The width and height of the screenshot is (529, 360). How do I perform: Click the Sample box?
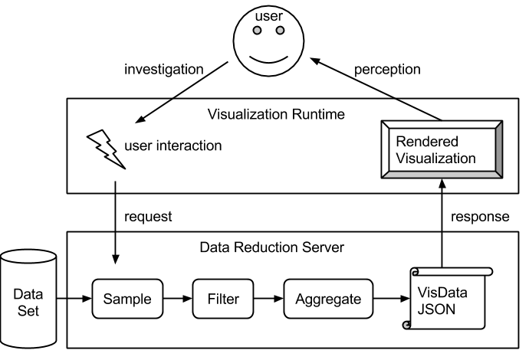click(127, 299)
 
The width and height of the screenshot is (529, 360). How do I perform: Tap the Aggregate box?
click(327, 299)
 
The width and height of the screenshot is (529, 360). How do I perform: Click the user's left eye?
click(258, 31)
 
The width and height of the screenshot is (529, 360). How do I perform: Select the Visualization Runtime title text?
click(276, 115)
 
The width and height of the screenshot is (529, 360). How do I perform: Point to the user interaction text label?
click(172, 145)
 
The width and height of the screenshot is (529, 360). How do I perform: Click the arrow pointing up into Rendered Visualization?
click(442, 207)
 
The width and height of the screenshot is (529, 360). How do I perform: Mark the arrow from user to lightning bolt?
click(153, 110)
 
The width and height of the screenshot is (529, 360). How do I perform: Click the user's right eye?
click(280, 31)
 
